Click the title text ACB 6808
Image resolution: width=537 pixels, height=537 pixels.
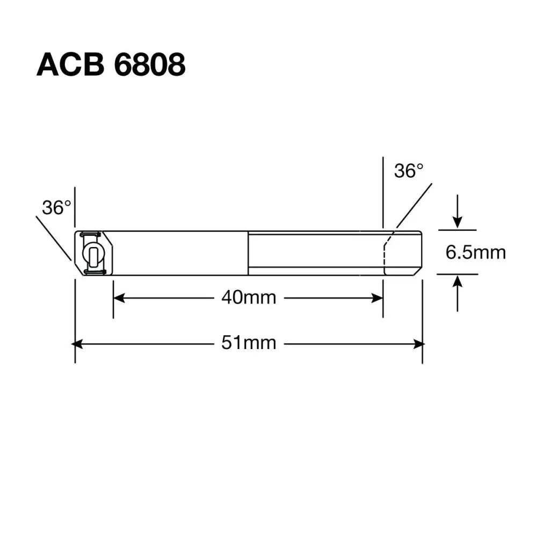[111, 66]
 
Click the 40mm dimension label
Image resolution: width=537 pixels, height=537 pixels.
[249, 297]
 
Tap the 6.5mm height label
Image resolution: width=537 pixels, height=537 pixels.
[475, 252]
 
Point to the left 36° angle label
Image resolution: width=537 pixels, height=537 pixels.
[56, 207]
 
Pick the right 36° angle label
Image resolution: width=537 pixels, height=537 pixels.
[409, 171]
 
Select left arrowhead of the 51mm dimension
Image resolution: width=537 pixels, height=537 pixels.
[78, 344]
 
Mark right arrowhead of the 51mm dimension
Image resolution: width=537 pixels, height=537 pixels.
[419, 344]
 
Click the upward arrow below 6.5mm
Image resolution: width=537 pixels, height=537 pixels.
[457, 282]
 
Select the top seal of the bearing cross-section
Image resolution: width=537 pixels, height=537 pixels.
[90, 234]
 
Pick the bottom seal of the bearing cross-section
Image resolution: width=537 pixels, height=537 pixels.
[95, 272]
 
